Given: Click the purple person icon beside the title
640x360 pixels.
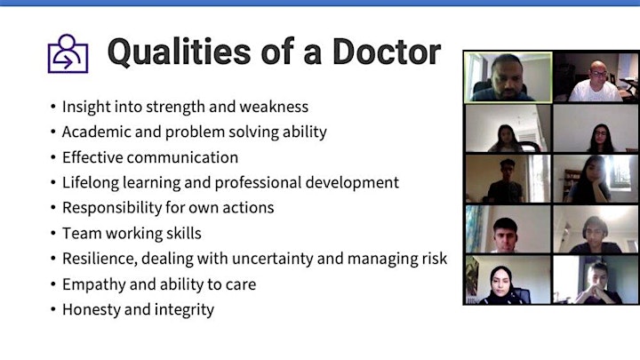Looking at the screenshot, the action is [68, 53].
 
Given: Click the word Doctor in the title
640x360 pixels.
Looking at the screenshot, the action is [387, 52].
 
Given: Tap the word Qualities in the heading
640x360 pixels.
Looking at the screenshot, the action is [180, 52].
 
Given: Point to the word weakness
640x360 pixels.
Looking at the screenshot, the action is [274, 107].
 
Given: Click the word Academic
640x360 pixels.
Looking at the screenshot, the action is [96, 132].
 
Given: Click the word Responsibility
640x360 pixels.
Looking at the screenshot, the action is [112, 208].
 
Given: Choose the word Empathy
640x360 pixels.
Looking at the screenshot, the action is [94, 284].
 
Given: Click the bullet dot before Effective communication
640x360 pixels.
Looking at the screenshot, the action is [53, 157].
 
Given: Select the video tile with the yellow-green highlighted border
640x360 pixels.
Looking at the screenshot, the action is [508, 77].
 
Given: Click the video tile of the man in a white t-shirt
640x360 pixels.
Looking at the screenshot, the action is [596, 77].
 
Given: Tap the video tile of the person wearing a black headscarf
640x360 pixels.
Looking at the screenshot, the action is [508, 280].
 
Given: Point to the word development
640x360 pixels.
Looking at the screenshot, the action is [352, 182].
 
